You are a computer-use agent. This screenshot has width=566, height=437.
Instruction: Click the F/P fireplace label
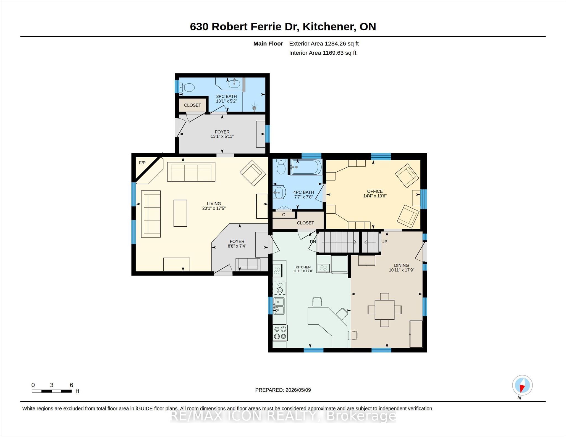[142, 163]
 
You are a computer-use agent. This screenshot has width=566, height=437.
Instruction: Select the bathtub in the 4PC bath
[306, 167]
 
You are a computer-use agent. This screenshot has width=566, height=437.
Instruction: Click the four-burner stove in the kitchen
[280, 333]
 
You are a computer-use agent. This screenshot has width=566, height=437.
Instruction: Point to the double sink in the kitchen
[279, 306]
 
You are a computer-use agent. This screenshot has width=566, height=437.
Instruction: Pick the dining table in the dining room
[384, 310]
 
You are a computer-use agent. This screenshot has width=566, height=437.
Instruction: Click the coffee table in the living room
[180, 213]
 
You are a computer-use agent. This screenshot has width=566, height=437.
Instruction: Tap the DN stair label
[313, 242]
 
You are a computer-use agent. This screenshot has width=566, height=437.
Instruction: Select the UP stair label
[384, 242]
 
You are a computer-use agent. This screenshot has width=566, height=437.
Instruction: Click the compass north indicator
[522, 385]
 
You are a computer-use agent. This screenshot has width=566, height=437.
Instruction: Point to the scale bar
[52, 391]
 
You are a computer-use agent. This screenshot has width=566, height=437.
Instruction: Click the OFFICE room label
[375, 191]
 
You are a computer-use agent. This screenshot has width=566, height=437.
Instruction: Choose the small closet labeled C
[284, 214]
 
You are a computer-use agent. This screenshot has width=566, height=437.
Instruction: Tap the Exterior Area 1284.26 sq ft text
[324, 44]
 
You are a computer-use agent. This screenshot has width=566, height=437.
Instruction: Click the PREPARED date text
[283, 390]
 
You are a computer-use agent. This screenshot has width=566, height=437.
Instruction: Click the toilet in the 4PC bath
[281, 166]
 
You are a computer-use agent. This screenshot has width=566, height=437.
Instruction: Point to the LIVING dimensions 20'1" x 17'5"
[214, 208]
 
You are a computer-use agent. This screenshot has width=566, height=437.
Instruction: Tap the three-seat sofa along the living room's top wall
[191, 172]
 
